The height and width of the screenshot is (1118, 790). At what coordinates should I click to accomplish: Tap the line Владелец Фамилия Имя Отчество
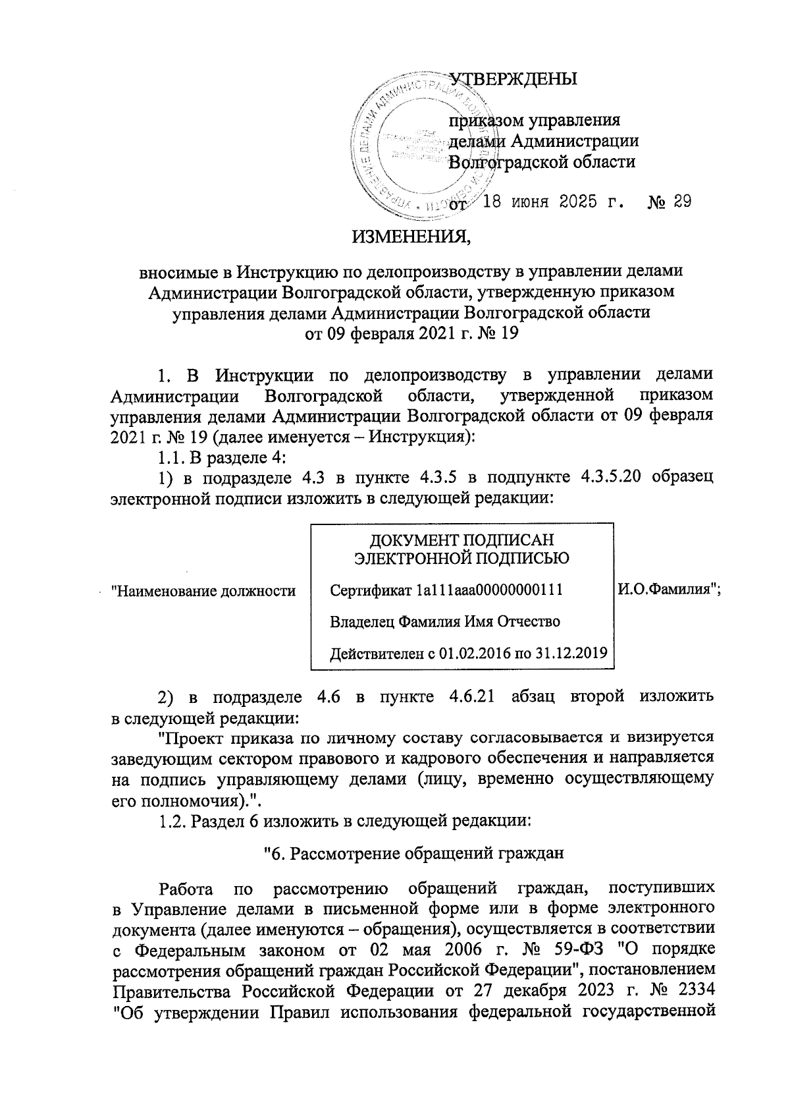(x=444, y=621)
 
